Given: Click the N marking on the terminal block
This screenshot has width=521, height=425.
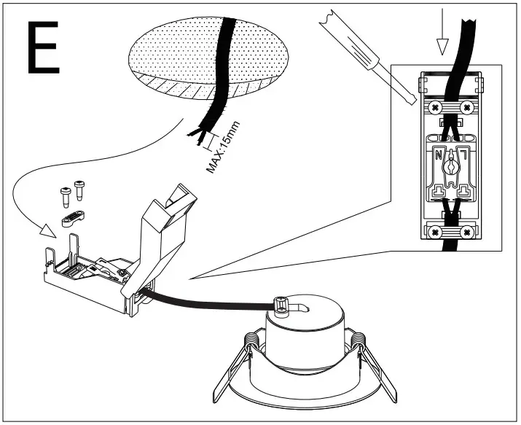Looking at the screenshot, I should pos(439,155).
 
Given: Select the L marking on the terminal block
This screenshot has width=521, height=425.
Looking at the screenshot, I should pos(461,155).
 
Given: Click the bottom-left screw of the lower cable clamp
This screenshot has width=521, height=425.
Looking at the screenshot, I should pos(436,233).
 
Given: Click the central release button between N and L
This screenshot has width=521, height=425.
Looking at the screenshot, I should pos(451,166).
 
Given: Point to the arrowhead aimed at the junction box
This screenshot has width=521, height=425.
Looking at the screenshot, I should pos(47,233).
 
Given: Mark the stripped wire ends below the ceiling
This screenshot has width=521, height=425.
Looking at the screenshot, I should pos(197,134).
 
